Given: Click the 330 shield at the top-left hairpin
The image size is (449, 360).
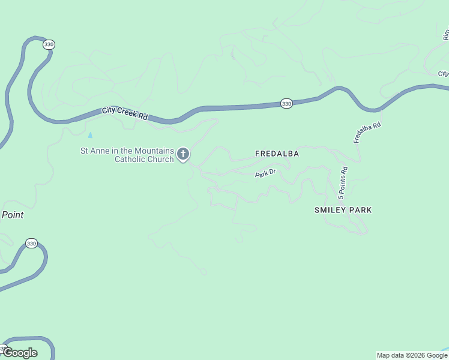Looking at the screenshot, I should click(49, 44).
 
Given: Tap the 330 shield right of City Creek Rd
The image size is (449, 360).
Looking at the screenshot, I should click(286, 104).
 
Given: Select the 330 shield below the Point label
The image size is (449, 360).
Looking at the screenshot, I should click(31, 244).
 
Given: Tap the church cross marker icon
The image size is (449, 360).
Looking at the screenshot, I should click(183, 155).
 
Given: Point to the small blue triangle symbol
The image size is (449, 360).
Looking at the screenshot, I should click(91, 135).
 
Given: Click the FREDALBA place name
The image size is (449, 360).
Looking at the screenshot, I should click(277, 154).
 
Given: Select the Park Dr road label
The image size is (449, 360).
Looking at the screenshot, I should click(265, 173).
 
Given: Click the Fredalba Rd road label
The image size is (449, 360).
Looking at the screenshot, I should click(367, 133).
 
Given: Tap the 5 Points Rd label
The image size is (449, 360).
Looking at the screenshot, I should click(343, 183).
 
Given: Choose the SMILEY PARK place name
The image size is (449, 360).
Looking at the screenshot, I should click(343, 210).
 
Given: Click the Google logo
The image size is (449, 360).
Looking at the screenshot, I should click(20, 353).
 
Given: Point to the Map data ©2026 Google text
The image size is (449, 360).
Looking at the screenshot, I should click(412, 355).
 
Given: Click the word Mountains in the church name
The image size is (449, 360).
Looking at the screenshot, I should click(154, 151).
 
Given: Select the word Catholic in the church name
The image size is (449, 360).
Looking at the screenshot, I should click(131, 160).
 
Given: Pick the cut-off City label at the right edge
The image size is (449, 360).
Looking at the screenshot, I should click(443, 74).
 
